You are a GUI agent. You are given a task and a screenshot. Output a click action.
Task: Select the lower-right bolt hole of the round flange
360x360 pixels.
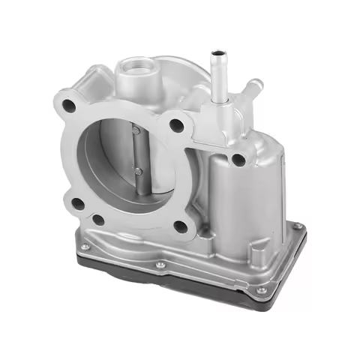click(x=180, y=226)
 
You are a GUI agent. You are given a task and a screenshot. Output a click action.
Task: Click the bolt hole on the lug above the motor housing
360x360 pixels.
click(x=238, y=159)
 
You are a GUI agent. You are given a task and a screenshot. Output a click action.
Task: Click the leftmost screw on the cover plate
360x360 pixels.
click(x=85, y=248)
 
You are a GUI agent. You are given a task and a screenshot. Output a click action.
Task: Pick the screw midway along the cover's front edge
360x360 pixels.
click(x=160, y=264)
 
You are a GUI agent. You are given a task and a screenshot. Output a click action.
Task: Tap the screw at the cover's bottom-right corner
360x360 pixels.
click(x=260, y=289)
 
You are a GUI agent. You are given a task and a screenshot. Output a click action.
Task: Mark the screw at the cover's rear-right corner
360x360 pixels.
click(x=297, y=225)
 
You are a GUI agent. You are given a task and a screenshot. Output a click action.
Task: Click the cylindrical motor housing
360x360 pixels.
click(x=225, y=195)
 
